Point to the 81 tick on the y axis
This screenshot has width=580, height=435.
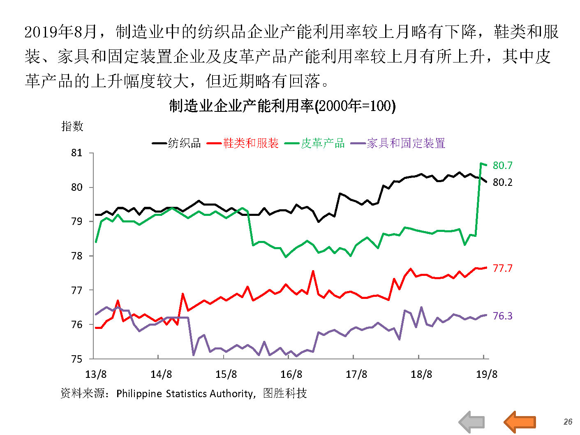pyautogui.click(x=77, y=153)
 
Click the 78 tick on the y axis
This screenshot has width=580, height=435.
pyautogui.click(x=77, y=256)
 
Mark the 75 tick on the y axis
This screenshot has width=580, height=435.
pyautogui.click(x=77, y=359)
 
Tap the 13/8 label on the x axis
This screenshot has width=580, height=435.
pyautogui.click(x=96, y=374)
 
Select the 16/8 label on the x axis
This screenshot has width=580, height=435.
pyautogui.click(x=291, y=374)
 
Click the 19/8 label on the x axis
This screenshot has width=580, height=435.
pyautogui.click(x=487, y=374)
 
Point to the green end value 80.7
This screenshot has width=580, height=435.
pyautogui.click(x=502, y=165)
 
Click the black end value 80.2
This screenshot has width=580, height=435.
pyautogui.click(x=502, y=182)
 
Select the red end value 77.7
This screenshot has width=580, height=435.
pyautogui.click(x=502, y=268)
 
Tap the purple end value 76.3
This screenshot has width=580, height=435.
pyautogui.click(x=502, y=316)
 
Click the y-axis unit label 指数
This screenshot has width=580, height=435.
pyautogui.click(x=72, y=126)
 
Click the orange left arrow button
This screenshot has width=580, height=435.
pyautogui.click(x=520, y=422)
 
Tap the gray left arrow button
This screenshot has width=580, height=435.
pyautogui.click(x=471, y=422)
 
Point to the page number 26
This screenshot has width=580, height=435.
pyautogui.click(x=568, y=422)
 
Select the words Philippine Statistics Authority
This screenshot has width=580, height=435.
pyautogui.click(x=185, y=393)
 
